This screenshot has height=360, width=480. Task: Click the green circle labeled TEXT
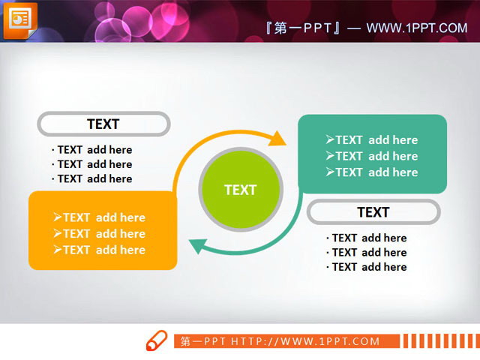(241, 190)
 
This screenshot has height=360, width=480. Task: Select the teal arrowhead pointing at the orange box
(197, 245)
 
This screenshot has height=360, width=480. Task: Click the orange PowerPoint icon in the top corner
(19, 19)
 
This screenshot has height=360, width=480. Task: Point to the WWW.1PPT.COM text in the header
(417, 28)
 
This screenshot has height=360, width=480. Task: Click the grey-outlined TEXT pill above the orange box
(103, 124)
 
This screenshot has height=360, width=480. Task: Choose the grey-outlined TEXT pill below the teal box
(373, 212)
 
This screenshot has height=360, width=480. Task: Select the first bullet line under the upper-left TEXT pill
(92, 150)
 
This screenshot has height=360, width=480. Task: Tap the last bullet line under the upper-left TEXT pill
(92, 178)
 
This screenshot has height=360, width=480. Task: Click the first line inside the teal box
(372, 139)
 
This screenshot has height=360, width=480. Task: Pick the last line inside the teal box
(372, 172)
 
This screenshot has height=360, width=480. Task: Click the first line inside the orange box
(99, 217)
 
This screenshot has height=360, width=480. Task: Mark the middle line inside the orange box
(99, 233)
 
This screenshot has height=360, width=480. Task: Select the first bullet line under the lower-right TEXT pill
(367, 238)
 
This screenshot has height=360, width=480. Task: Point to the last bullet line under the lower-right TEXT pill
(367, 267)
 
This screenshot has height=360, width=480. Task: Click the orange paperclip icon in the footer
(156, 341)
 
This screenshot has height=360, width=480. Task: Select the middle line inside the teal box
(372, 156)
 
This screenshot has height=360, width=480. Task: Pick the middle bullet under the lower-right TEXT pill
(367, 253)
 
